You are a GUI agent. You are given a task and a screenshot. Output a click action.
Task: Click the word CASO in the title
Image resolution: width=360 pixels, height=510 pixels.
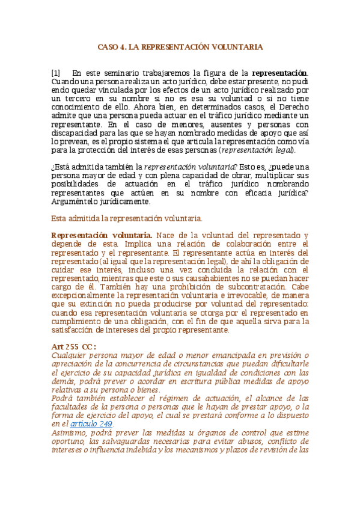109,46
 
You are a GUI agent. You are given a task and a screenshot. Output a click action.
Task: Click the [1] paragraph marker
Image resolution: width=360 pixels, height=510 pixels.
56,73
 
